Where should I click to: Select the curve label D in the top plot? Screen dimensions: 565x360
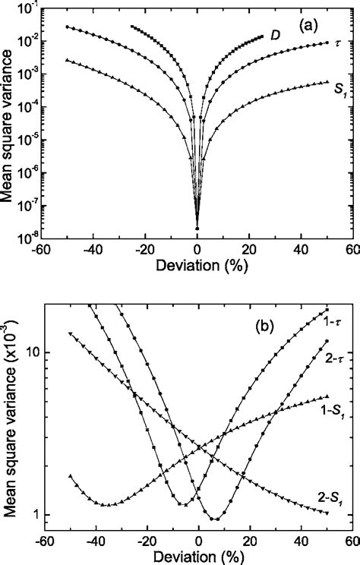click(x=277, y=34)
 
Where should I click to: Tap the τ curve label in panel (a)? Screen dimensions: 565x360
click(x=337, y=43)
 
